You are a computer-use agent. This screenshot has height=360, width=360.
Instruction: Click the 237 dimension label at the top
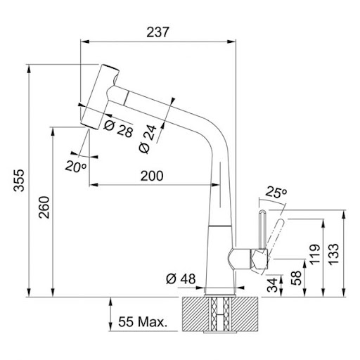157,32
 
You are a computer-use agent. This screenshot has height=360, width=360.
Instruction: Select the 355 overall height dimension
19,180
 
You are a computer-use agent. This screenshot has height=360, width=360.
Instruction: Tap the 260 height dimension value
44,207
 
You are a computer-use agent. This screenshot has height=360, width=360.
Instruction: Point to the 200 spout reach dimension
152,176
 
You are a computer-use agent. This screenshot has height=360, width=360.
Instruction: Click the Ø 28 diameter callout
118,129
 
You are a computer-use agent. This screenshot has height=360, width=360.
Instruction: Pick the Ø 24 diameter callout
148,139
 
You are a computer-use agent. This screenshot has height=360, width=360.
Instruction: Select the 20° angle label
76,167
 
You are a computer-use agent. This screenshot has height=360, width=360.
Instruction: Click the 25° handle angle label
276,192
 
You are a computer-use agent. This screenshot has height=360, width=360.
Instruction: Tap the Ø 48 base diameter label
181,279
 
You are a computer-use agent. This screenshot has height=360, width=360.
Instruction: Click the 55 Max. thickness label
143,322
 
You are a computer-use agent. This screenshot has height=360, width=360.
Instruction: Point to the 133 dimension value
333,255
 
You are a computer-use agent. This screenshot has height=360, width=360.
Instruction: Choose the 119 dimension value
315,255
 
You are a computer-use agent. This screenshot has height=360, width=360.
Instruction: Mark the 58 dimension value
296,278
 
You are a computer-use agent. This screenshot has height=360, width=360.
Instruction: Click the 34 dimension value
273,285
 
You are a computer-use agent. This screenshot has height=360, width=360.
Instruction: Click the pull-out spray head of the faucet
100,97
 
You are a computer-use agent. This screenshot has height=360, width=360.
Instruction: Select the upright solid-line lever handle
262,229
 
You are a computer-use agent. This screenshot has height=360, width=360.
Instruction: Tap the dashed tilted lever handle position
274,238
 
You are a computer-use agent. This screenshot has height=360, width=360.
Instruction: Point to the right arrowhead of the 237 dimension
231,41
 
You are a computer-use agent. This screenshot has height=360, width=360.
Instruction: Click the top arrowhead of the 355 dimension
29,69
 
